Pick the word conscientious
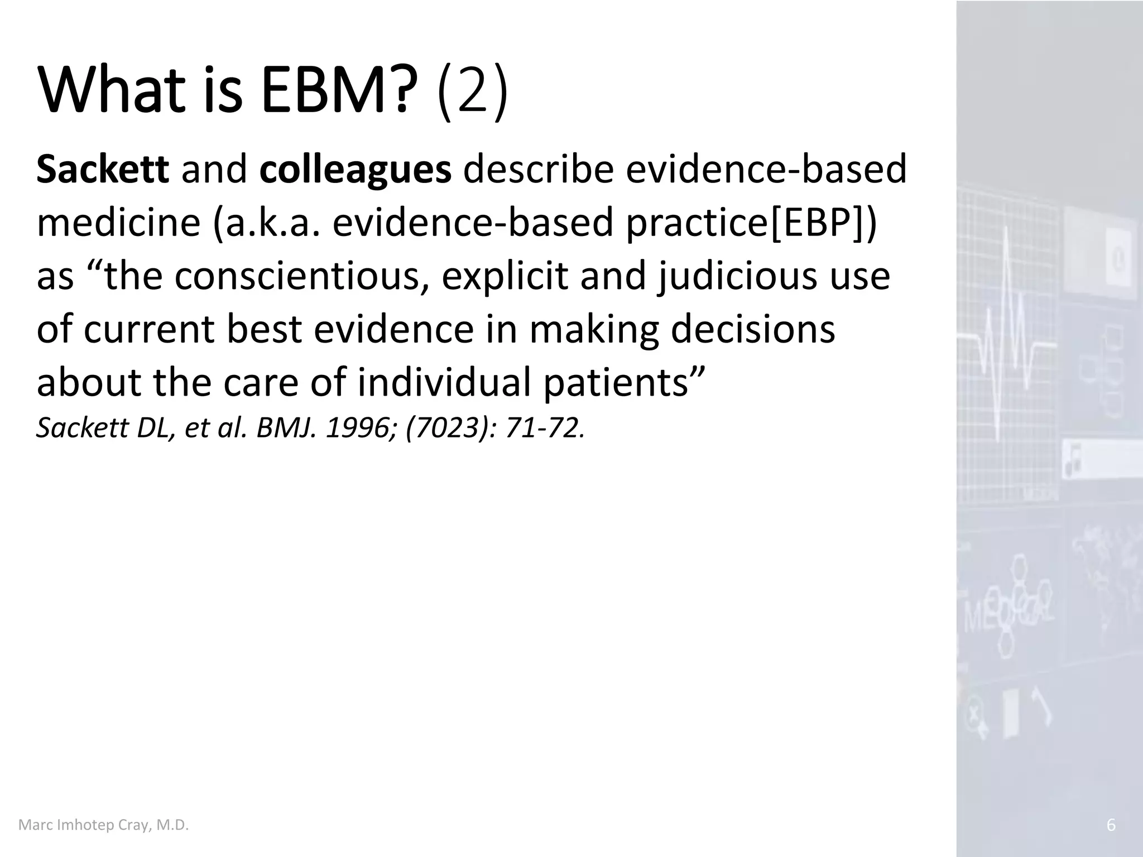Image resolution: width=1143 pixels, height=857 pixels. [x=296, y=276]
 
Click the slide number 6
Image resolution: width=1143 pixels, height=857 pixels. [x=1111, y=825]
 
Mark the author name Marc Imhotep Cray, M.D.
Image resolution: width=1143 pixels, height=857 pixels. [x=104, y=825]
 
